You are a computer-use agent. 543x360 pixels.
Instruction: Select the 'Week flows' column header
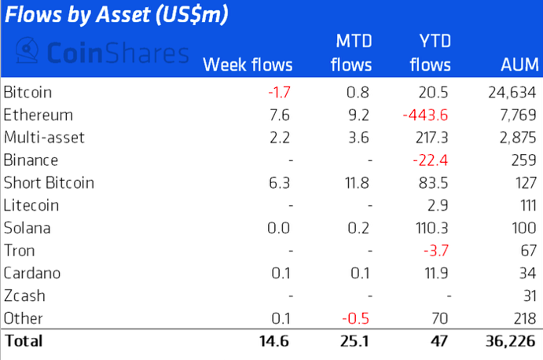248,64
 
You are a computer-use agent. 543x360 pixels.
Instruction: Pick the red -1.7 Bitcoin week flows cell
280,92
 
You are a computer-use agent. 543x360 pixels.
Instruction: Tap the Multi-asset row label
44,138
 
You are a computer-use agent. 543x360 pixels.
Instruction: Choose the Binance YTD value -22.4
431,160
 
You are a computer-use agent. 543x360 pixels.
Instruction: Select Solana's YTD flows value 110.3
432,228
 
